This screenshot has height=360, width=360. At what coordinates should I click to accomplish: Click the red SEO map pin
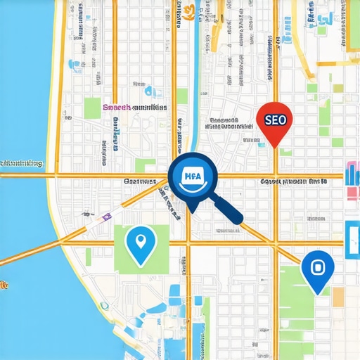point(272,122)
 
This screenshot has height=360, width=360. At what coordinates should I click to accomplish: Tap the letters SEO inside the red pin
point(272,120)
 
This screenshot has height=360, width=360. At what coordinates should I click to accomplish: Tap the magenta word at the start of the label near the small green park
point(115,108)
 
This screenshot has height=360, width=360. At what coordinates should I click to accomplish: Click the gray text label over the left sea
point(21,164)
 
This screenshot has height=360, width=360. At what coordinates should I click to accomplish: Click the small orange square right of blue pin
point(338,297)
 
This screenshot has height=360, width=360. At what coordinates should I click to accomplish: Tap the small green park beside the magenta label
point(92,108)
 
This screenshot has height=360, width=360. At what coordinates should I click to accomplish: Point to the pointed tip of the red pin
point(273,146)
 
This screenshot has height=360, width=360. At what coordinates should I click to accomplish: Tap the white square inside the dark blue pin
point(317,267)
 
